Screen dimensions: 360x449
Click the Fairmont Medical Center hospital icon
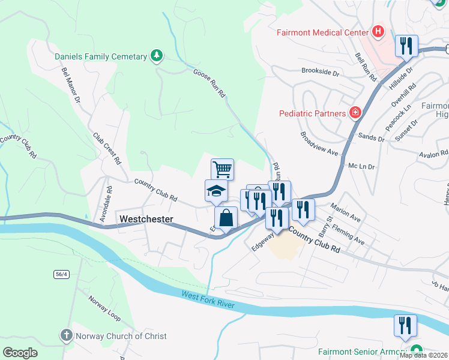[x=378, y=31]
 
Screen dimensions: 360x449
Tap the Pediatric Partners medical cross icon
[x=355, y=113]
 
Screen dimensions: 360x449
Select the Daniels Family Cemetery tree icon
[x=157, y=56]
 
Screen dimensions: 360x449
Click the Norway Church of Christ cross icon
[x=65, y=335]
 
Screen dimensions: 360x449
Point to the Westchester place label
[x=146, y=220]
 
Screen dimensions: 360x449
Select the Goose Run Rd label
[x=209, y=82]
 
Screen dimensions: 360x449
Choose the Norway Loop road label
[x=104, y=307]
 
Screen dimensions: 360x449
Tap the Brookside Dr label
[x=320, y=71]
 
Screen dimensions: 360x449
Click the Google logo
[x=20, y=352]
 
